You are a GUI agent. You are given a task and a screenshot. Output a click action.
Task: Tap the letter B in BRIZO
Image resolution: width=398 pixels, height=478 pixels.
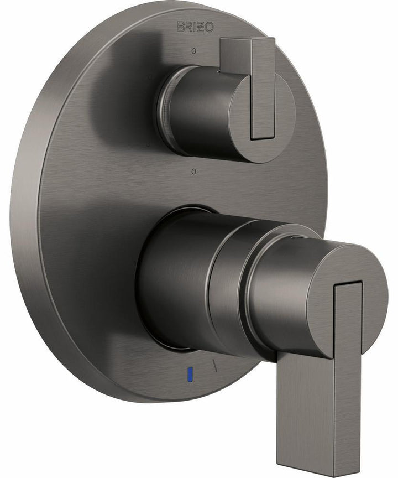(x=180, y=26)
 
